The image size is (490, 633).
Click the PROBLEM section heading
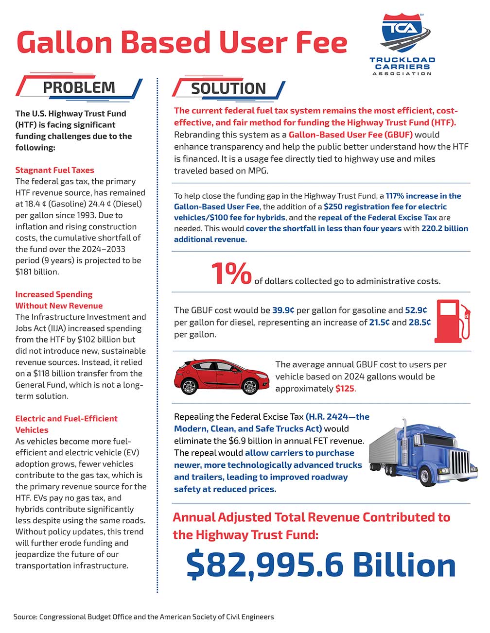click(79, 87)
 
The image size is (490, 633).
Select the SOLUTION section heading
click(228, 88)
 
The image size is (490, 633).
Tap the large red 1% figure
click(231, 274)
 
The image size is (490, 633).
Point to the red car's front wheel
click(250, 387)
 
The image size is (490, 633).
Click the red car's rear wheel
click(189, 386)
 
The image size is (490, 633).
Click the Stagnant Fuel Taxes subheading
click(54, 170)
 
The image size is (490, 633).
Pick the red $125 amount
click(345, 389)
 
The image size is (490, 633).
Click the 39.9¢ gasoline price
click(283, 310)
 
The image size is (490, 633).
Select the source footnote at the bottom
click(144, 617)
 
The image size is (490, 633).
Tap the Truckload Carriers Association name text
click(402, 66)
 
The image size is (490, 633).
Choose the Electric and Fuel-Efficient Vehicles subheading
click(66, 424)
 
